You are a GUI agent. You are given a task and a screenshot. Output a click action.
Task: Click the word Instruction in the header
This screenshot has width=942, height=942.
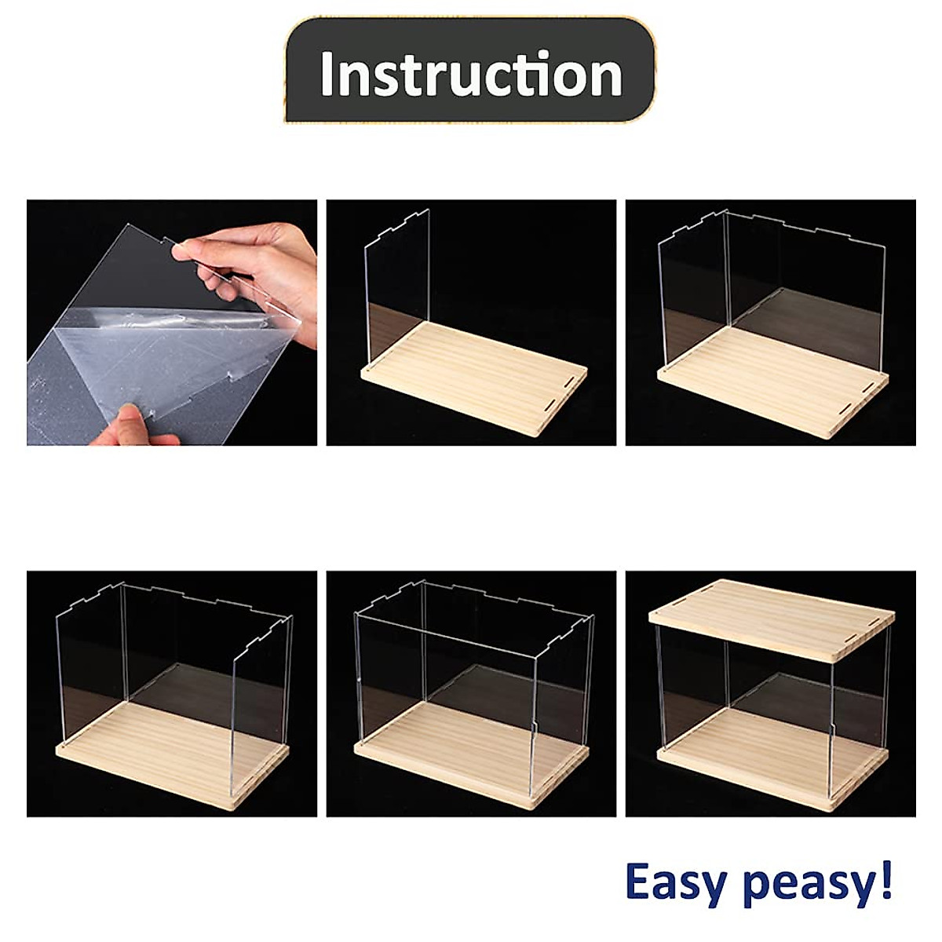pos(471,74)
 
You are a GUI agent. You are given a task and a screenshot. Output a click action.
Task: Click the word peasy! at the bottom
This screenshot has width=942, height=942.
pos(817,884)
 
